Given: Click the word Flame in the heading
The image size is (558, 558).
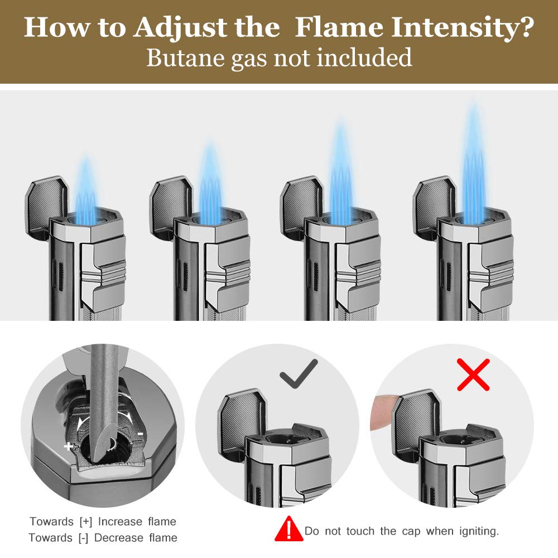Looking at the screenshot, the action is [339, 27].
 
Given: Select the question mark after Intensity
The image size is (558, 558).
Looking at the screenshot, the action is [524, 27].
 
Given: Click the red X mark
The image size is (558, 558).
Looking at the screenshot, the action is [473, 374].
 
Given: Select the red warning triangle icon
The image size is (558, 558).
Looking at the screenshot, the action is [289, 529].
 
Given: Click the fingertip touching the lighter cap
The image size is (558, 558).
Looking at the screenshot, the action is [383, 412].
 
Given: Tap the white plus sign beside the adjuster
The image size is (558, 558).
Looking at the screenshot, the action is [69, 446].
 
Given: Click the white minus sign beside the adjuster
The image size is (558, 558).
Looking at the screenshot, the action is [141, 434].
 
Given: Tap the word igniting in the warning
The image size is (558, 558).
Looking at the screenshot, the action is [479, 531].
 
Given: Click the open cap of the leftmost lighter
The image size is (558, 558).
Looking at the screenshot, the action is [46, 207].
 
